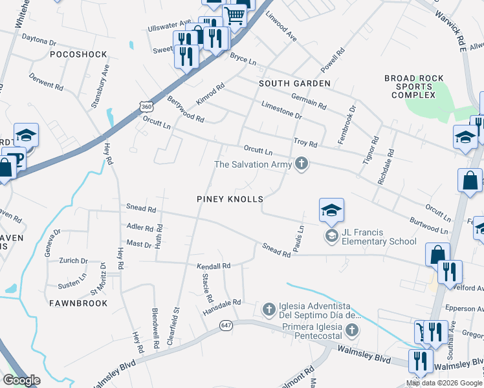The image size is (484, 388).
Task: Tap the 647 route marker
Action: pyautogui.click(x=225, y=325)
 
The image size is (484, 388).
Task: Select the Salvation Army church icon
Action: pyautogui.click(x=300, y=164)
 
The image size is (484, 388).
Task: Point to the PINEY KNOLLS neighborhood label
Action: pyautogui.click(x=230, y=199)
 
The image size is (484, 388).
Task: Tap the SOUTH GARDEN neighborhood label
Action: pyautogui.click(x=294, y=83)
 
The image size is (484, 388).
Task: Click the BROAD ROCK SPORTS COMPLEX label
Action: pyautogui.click(x=414, y=87)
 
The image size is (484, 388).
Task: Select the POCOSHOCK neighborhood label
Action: pyautogui.click(x=78, y=54)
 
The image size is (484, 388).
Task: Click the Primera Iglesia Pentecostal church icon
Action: pyautogui.click(x=351, y=331)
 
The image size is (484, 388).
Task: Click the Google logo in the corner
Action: pyautogui.click(x=21, y=380)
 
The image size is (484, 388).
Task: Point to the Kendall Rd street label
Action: pyautogui.click(x=214, y=266)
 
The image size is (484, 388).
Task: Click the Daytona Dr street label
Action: pyautogui.click(x=39, y=40)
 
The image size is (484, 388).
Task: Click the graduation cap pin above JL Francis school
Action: pyautogui.click(x=331, y=210)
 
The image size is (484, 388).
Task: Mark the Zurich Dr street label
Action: pyautogui.click(x=74, y=261)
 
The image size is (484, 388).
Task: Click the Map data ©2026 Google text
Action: pyautogui.click(x=444, y=383)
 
